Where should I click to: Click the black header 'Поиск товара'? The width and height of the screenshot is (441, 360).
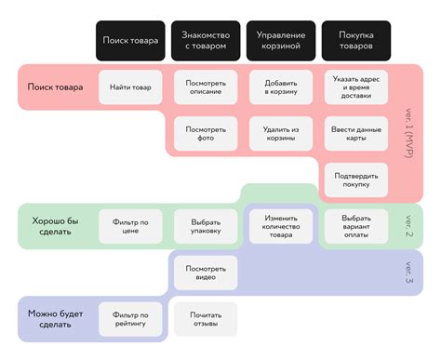(x=130, y=42)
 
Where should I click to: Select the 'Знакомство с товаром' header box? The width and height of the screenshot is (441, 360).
(x=206, y=42)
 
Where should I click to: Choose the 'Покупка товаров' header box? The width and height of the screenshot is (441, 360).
(x=356, y=42)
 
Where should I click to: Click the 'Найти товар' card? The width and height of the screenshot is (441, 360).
(x=130, y=87)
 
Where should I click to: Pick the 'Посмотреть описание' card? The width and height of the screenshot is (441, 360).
(x=206, y=88)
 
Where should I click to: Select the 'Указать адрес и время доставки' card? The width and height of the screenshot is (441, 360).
(x=356, y=87)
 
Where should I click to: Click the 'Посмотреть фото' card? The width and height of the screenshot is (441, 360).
(x=206, y=134)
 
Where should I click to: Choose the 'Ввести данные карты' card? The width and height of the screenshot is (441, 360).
(x=356, y=134)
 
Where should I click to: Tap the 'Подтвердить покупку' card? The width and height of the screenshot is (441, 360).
(x=356, y=180)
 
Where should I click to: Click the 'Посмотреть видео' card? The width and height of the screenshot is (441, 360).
(x=206, y=273)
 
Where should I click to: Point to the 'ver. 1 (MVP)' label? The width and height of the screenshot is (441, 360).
(x=409, y=130)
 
